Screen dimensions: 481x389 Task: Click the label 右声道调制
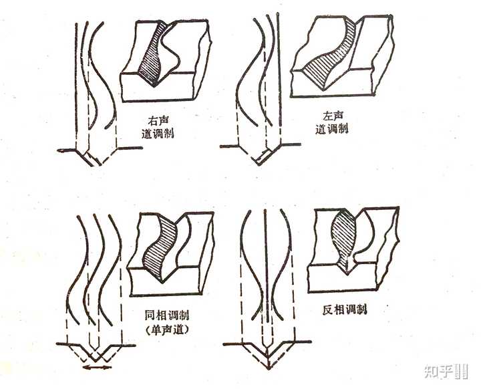point(158,127)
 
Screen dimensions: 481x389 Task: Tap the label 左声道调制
point(332,122)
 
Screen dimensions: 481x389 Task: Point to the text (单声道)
point(167,330)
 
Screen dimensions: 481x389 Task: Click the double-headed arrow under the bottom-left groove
point(97,367)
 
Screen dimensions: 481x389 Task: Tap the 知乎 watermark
point(446,372)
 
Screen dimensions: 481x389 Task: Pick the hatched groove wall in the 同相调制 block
point(160,245)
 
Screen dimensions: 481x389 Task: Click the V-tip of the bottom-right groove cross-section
point(269,368)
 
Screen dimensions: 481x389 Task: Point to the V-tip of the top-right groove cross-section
point(259,164)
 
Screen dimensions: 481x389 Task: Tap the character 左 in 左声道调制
point(327,116)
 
